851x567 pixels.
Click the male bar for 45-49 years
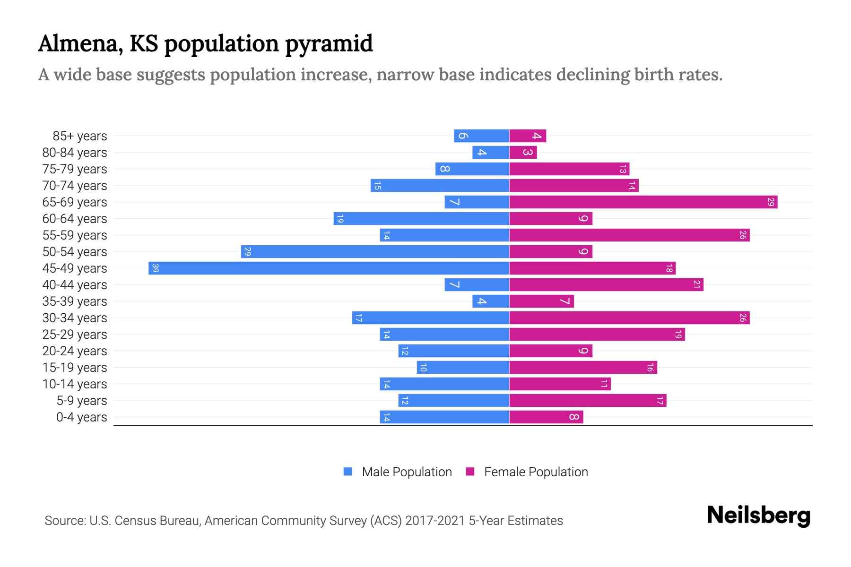click(x=329, y=268)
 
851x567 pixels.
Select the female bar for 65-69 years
click(x=643, y=202)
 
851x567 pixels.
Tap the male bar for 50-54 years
click(x=375, y=252)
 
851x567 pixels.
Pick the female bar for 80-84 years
click(x=523, y=153)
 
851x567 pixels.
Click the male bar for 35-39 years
click(x=491, y=301)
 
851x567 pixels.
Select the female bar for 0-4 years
click(x=546, y=417)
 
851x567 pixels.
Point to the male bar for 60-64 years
click(x=421, y=219)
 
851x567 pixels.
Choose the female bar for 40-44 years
click(x=606, y=285)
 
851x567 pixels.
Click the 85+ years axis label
click(x=80, y=136)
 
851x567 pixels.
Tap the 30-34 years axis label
click(x=75, y=318)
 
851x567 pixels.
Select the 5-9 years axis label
click(x=82, y=401)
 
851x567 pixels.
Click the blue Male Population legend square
click(x=348, y=472)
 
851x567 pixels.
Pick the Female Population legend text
click(x=536, y=472)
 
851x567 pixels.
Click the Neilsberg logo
click(x=758, y=515)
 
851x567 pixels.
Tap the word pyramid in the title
click(x=329, y=44)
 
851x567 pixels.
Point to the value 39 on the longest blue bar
click(x=155, y=268)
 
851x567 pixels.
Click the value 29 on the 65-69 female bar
click(x=771, y=202)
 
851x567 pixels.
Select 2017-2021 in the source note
click(x=435, y=521)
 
